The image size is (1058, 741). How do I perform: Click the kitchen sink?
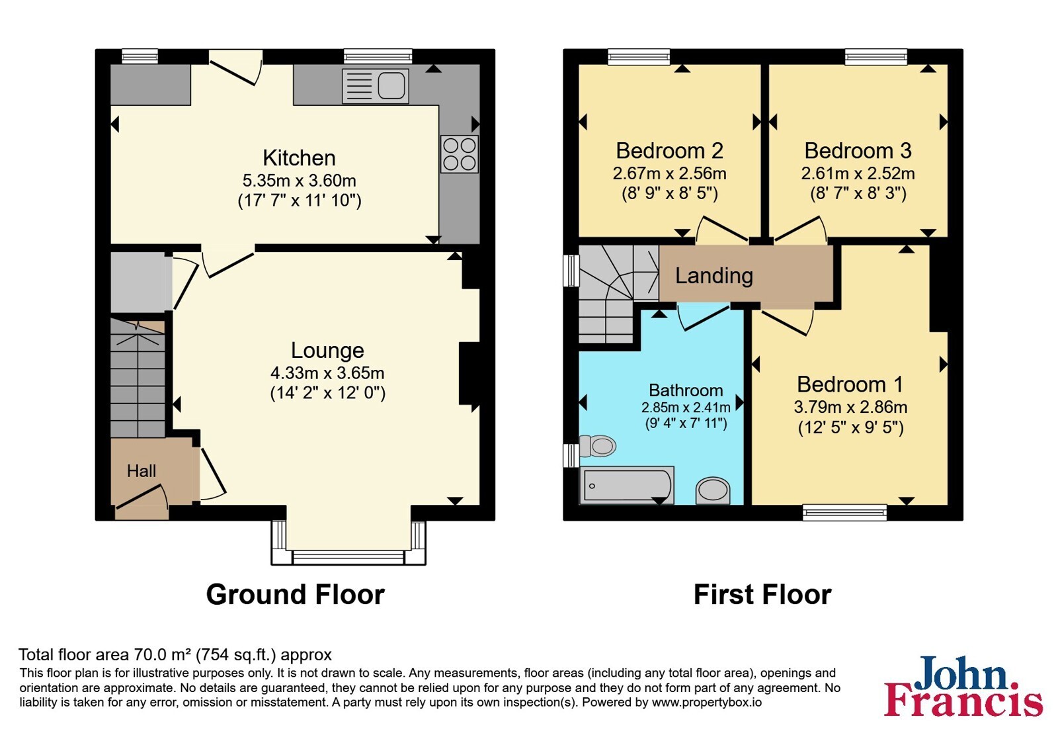tap(376, 86)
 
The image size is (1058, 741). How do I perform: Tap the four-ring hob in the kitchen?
tap(460, 154)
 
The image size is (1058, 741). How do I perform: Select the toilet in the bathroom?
tap(598, 446)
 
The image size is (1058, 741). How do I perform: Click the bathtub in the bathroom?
tap(627, 486)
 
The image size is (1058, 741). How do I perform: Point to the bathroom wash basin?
tap(713, 490)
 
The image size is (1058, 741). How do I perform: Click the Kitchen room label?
tap(299, 158)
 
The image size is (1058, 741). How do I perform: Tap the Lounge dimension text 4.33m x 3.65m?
tap(327, 373)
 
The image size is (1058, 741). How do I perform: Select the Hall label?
tap(142, 470)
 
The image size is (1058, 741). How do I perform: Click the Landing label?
tap(713, 275)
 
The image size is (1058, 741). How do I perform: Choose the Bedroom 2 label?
tap(669, 151)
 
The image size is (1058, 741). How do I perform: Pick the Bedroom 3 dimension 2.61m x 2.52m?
tap(858, 173)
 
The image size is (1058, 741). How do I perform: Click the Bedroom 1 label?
tap(850, 384)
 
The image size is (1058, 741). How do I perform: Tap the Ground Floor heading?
tap(295, 595)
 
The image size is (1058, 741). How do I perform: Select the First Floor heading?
tap(762, 595)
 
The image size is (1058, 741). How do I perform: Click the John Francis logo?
tap(963, 685)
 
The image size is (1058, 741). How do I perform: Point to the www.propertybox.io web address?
tap(707, 703)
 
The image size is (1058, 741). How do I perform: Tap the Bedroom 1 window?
tap(844, 513)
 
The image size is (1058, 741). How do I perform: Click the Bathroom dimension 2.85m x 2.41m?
tap(686, 408)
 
